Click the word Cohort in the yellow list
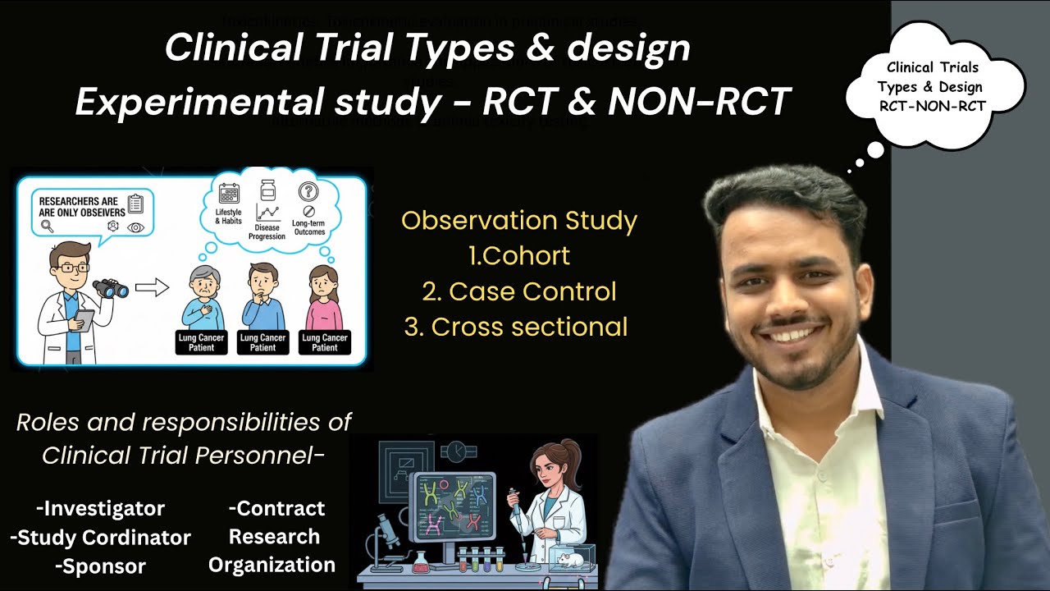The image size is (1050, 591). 527,256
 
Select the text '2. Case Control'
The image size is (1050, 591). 518,291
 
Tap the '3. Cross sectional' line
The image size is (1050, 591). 516,327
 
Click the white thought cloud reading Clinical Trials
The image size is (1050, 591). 934,85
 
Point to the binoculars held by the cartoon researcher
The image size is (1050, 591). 110,288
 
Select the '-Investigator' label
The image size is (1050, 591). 100,508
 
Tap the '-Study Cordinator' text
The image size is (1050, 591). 100,538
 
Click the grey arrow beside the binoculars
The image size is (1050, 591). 152,287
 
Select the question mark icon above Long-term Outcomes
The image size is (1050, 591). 308,192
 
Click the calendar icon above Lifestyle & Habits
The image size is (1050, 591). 230,194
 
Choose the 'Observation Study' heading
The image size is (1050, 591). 518,221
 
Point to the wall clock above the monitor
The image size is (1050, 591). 456,450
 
